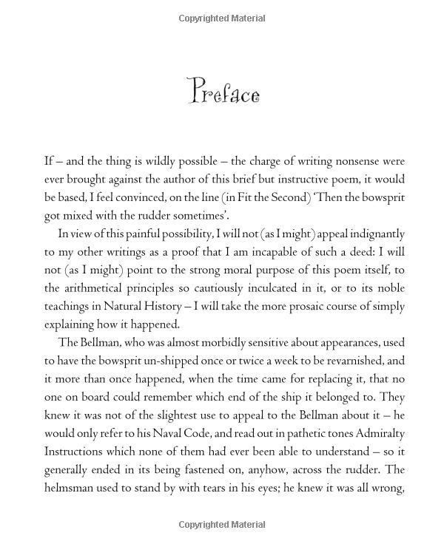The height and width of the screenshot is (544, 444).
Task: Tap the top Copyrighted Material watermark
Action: (221, 18)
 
